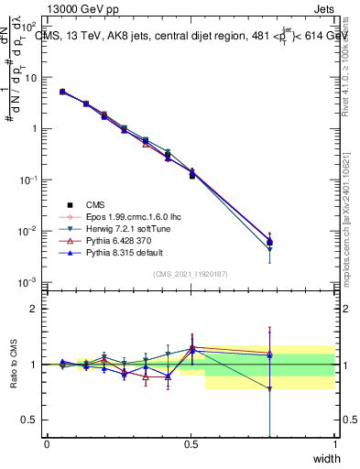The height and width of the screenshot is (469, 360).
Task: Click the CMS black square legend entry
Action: point(96,204)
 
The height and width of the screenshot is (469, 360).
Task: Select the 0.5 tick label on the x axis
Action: point(191,444)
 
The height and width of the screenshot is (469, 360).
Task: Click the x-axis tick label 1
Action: point(335,444)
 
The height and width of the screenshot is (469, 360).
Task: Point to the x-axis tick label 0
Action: point(47,444)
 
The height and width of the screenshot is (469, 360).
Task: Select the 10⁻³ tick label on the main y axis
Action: point(30,281)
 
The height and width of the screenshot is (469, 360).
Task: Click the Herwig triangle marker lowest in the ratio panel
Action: point(269,388)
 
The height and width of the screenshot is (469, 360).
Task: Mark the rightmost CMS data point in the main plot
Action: point(269,242)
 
